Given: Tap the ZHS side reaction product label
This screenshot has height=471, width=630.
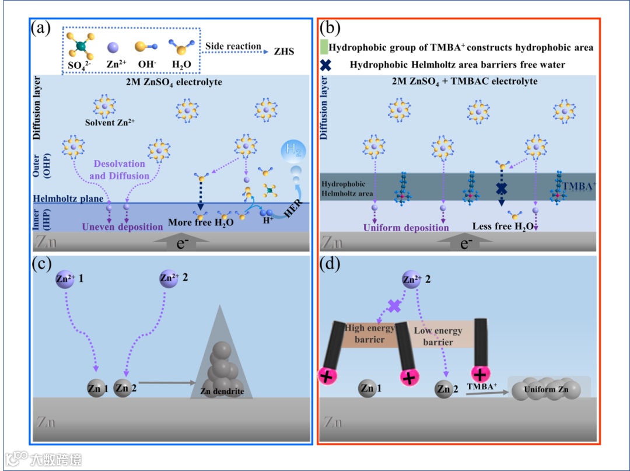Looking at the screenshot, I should tap(284, 51).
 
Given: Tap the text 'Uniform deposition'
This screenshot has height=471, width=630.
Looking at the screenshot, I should tap(406, 228).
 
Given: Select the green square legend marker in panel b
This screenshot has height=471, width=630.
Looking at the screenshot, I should tap(324, 46).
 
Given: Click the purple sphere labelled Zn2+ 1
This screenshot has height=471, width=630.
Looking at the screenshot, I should tap(65, 279).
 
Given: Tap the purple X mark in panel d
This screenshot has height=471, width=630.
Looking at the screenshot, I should tap(394, 305).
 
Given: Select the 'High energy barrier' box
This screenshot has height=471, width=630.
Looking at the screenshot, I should tap(370, 333).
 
